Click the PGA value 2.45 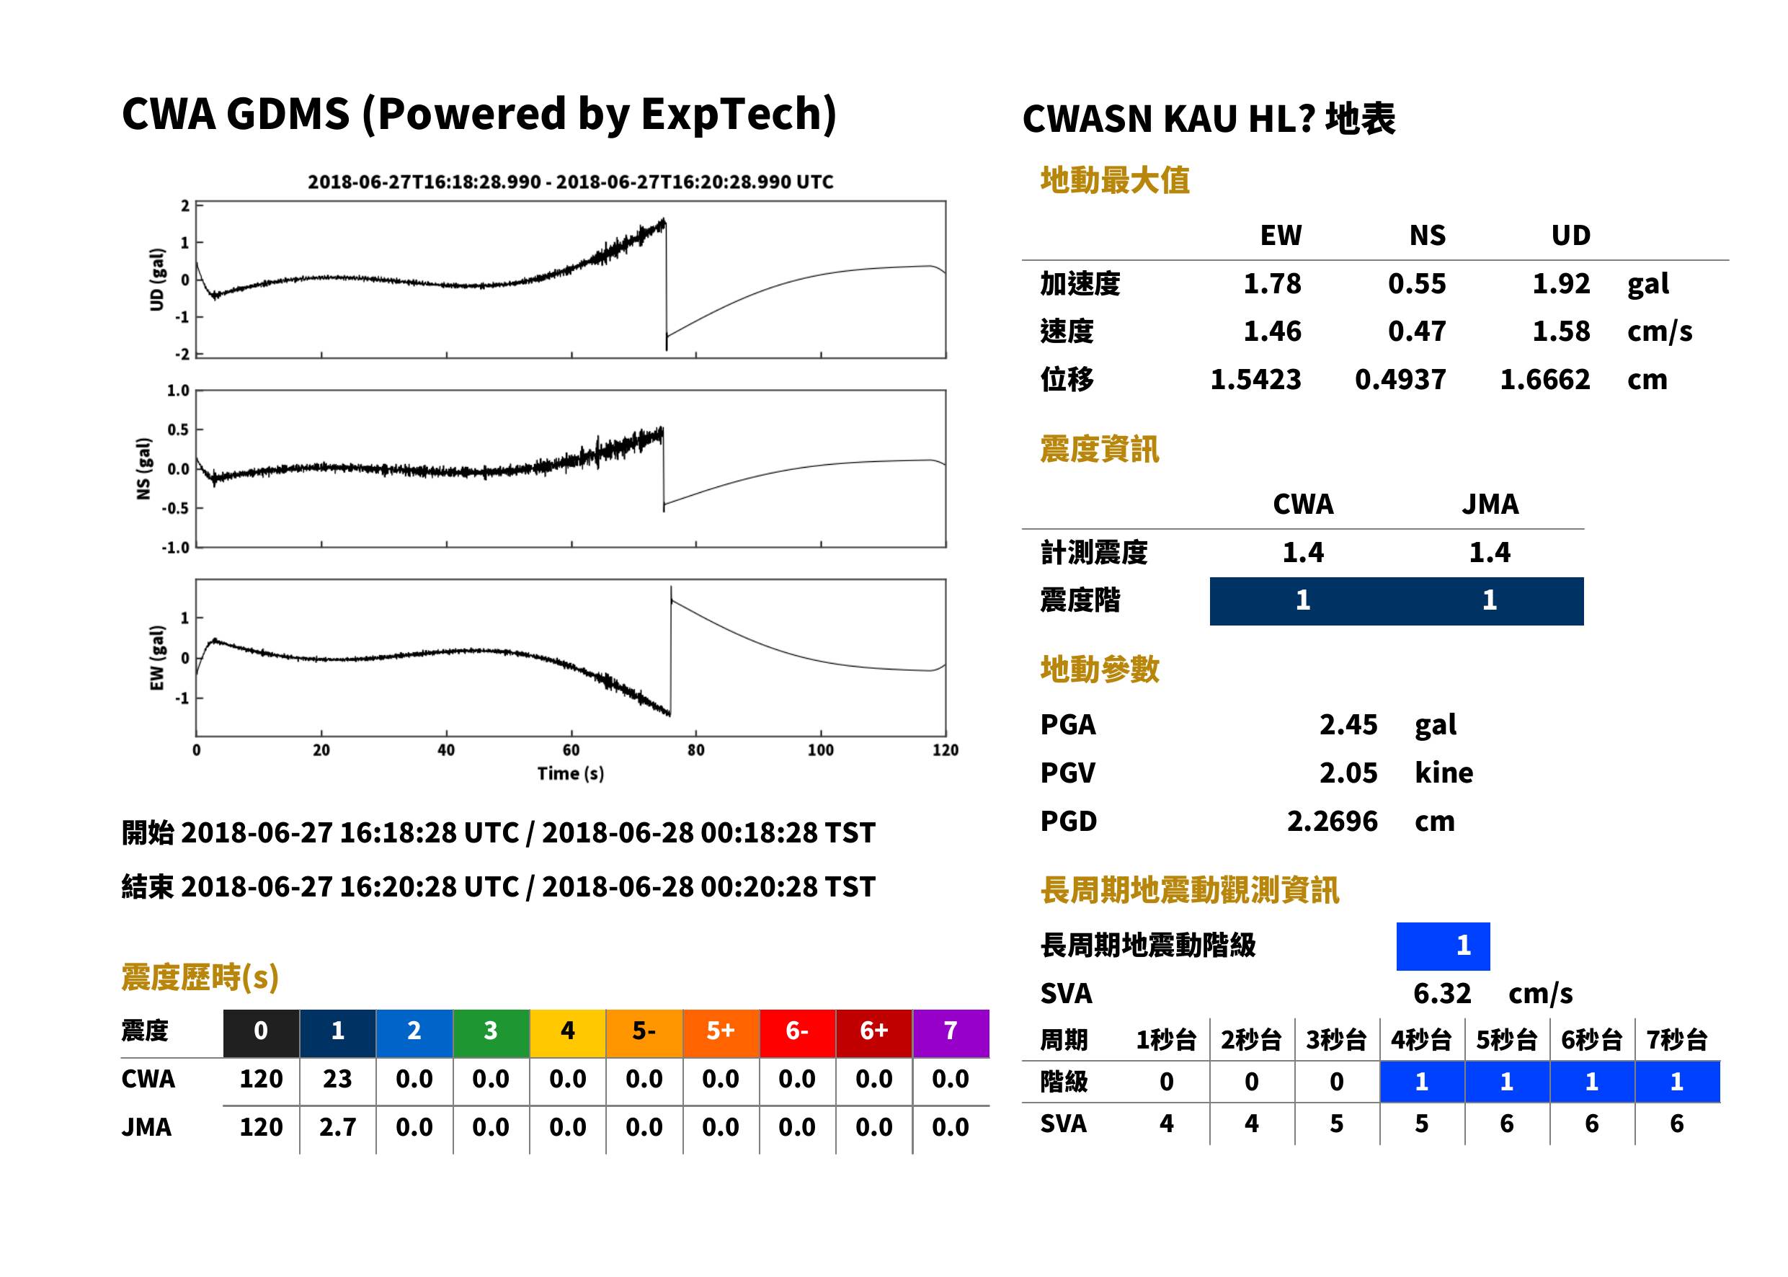coord(1348,724)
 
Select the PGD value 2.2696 coord(1332,821)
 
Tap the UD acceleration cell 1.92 coord(1561,283)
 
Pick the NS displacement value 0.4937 coord(1400,380)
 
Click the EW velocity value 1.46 coord(1272,331)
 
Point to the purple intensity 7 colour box coord(951,1033)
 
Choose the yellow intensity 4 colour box coord(568,1033)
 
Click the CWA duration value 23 coord(337,1079)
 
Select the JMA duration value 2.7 coord(337,1127)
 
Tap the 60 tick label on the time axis coord(571,750)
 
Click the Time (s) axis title coord(571,774)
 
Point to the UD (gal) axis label coord(157,279)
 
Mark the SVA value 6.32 coord(1442,993)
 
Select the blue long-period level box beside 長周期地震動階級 coord(1443,946)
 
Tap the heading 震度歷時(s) coord(200,977)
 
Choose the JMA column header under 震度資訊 coord(1490,504)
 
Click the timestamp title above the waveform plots coord(570,182)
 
